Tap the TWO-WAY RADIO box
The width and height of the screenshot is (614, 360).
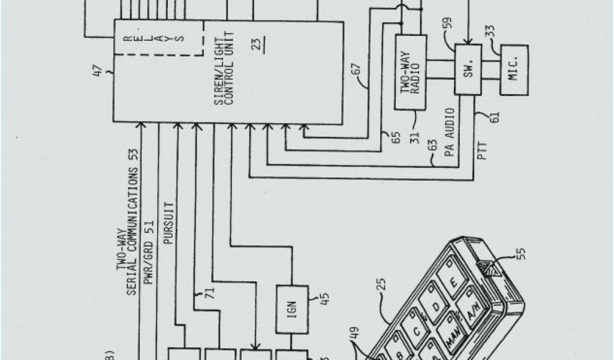[x=410, y=72]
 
